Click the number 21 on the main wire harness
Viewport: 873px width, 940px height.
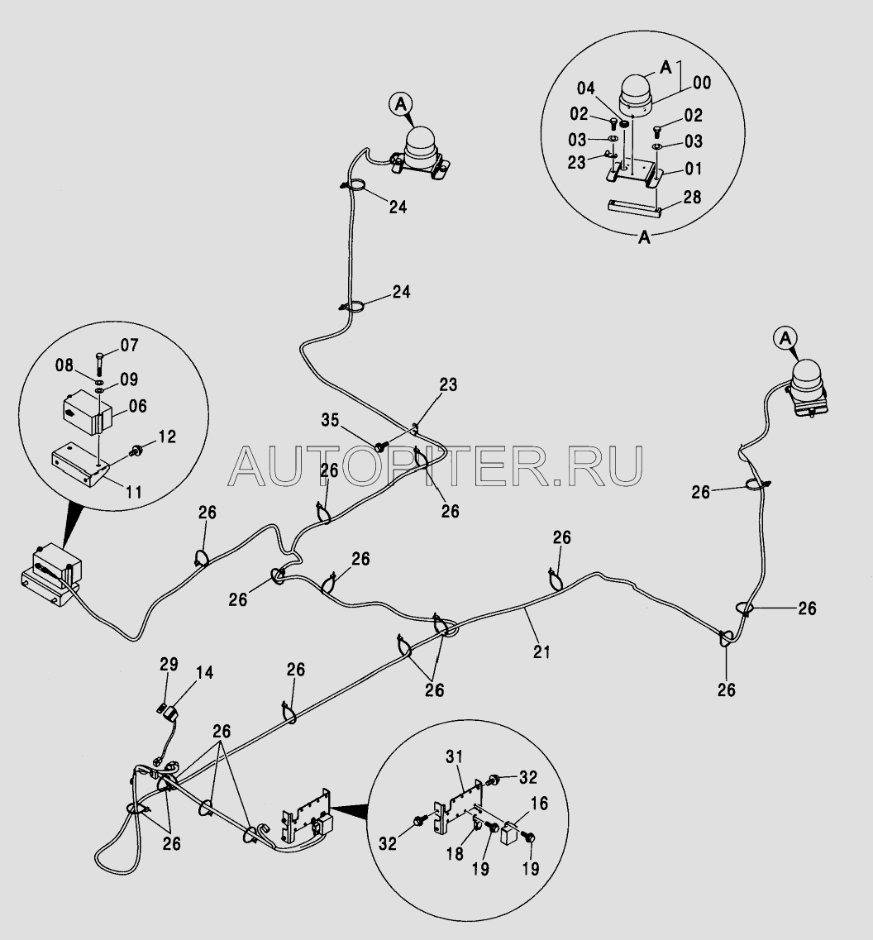(541, 651)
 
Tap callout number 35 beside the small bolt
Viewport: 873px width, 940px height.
(330, 420)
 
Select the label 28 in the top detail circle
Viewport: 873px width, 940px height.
(692, 198)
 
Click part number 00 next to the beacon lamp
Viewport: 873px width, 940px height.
(702, 82)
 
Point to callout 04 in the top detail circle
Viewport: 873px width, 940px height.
(586, 88)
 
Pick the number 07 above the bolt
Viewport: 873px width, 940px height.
(129, 345)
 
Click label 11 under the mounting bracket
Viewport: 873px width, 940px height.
(133, 492)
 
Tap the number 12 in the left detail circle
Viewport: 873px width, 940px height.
(167, 437)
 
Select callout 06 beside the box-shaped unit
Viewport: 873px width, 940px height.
(137, 406)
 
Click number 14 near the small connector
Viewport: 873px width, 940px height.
(204, 673)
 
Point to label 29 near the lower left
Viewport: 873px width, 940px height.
(169, 664)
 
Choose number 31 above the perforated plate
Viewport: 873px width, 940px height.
(455, 757)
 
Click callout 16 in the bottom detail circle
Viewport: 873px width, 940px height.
(540, 804)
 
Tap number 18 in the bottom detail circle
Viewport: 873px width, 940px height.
(455, 854)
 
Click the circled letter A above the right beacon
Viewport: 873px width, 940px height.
(785, 338)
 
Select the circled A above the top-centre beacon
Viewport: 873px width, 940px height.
(400, 104)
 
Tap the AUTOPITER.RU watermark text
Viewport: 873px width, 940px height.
(436, 465)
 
